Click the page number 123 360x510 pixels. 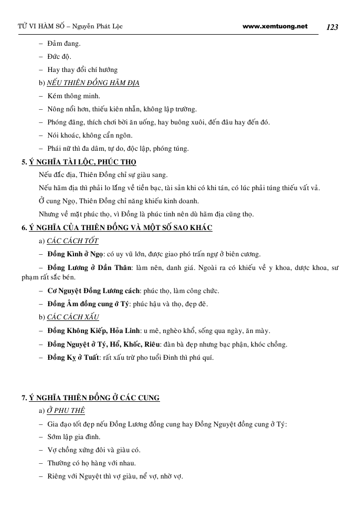pyautogui.click(x=332, y=27)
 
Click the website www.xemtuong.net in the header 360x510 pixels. pyautogui.click(x=275, y=26)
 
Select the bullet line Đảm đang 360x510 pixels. pyautogui.click(x=64, y=44)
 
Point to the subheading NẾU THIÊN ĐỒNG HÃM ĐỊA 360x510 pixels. pyautogui.click(x=93, y=83)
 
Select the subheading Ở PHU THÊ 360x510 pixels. pyautogui.click(x=66, y=411)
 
